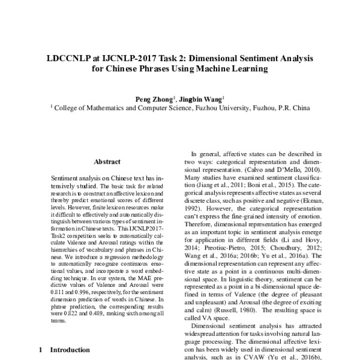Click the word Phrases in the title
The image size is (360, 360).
pos(157,70)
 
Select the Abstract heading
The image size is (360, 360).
pos(107,162)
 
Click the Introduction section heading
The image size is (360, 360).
pos(70,350)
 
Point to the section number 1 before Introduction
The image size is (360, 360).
pos(40,350)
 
